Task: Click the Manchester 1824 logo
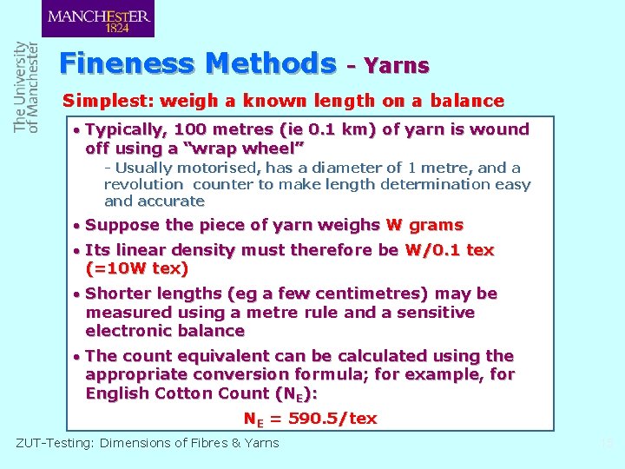[97, 18]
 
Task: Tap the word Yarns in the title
[397, 65]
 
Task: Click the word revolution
[143, 184]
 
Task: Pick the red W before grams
[393, 225]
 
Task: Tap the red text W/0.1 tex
[449, 250]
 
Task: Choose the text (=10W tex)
[137, 268]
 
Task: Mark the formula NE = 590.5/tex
[310, 419]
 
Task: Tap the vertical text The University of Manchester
[26, 87]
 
